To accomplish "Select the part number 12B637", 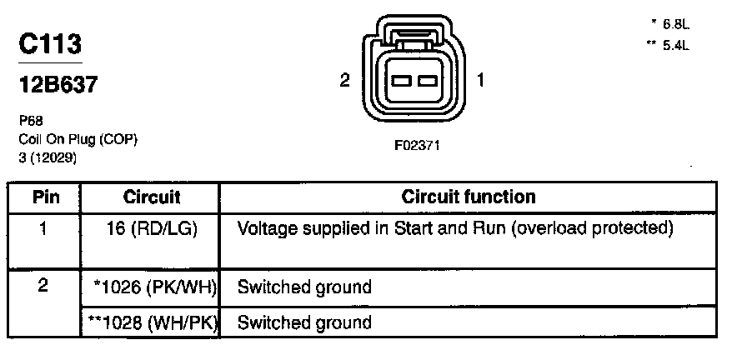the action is pos(57,84).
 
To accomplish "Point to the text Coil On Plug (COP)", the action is pos(77,139).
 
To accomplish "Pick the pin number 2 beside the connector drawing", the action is pos(344,81).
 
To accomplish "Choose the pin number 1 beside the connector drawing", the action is pos(481,81).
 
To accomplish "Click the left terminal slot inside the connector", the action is pos(400,81).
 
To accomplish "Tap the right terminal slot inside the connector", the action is pos(428,81).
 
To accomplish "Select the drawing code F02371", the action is pos(416,145).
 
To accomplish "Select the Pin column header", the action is pos(44,197).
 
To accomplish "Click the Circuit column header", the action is pos(152,197).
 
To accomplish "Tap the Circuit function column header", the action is pos(468,197).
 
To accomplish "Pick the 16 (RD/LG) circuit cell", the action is pos(153,228).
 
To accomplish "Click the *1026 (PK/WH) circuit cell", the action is pos(155,287).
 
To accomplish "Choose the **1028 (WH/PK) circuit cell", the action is pos(153,322).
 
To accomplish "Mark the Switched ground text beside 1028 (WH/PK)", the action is pos(303,322).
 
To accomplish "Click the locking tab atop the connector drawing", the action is pos(414,37).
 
